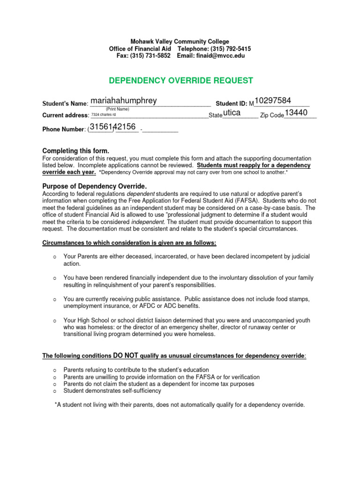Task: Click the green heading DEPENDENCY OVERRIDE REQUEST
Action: pos(181,81)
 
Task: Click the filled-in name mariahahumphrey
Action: pos(124,101)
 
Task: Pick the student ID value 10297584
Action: pos(273,101)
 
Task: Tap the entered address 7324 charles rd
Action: pos(103,114)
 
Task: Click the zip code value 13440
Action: pos(296,113)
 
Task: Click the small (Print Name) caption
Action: pos(118,109)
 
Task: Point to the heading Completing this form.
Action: pos(75,151)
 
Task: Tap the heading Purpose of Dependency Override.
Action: pos(94,186)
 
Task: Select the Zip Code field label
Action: pos(272,115)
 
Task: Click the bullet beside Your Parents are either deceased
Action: pos(54,257)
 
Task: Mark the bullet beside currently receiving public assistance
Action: pos(54,299)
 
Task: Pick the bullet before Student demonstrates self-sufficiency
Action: pos(54,390)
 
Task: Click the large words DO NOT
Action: pos(125,356)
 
